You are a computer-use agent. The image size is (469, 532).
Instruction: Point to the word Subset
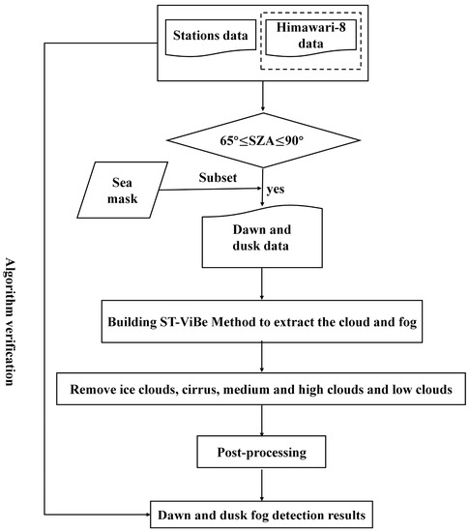tap(218, 179)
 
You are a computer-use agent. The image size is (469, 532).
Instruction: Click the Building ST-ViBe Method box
tap(264, 319)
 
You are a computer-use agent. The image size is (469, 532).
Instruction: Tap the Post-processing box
tap(264, 452)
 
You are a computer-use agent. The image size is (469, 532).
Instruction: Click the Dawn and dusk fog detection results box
tap(264, 515)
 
